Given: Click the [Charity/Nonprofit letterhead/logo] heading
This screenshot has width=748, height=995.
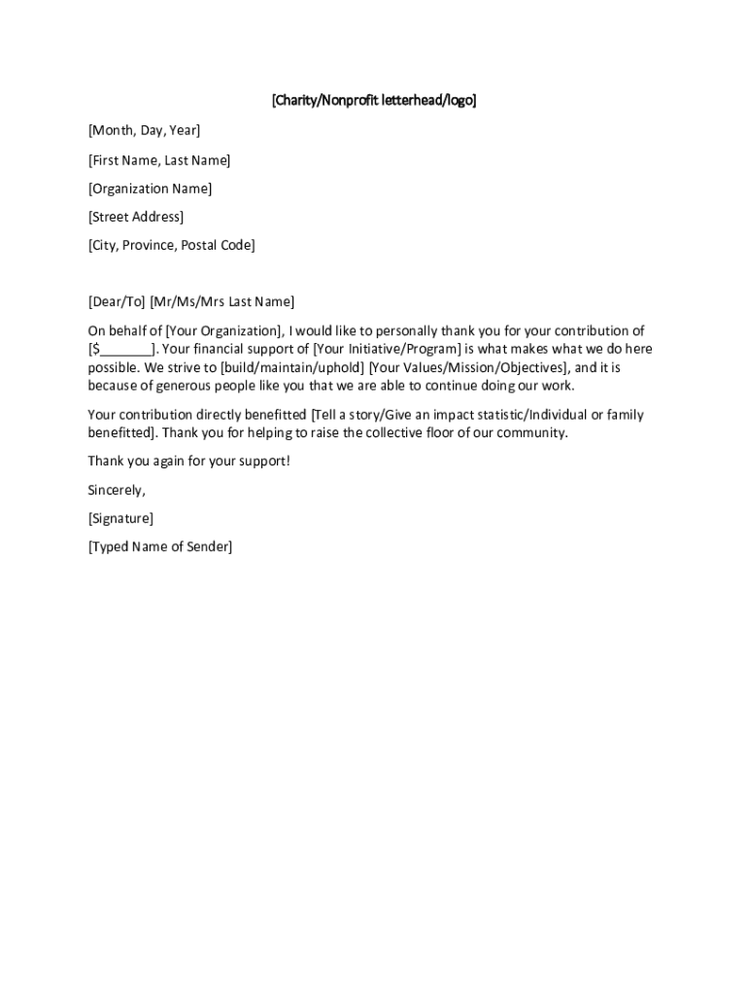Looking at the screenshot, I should (x=374, y=100).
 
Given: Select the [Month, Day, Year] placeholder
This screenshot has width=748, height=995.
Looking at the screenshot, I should (x=144, y=130).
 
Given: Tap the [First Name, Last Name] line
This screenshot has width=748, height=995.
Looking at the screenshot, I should (x=159, y=160).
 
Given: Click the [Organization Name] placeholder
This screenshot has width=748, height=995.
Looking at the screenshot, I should (x=150, y=189).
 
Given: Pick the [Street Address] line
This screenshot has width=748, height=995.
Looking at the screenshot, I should (x=135, y=217).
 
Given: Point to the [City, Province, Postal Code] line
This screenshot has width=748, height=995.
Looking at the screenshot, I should (x=171, y=245).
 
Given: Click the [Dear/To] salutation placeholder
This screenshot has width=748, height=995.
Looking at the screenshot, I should (x=116, y=302).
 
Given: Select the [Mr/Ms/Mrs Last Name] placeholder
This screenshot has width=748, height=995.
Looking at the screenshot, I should (x=221, y=302).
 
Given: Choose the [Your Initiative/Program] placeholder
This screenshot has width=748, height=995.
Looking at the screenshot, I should (x=386, y=349).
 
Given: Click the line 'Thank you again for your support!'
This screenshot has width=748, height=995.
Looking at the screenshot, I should (x=188, y=461).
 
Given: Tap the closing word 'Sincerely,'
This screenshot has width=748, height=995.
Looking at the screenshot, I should (x=117, y=490).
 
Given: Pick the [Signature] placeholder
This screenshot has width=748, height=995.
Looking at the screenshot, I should (x=120, y=518).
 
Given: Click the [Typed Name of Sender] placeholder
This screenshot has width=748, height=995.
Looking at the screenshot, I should (x=160, y=546).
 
